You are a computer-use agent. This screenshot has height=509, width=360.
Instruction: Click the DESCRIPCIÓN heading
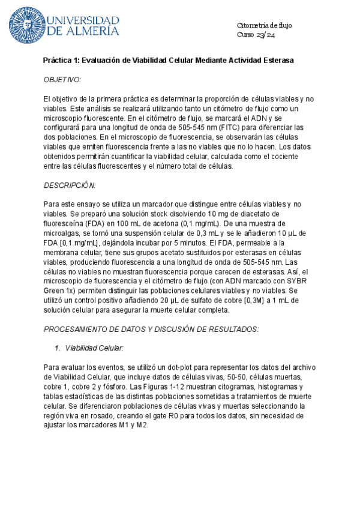[x=70, y=185]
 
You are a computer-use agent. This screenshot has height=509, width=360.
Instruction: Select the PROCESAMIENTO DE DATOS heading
[x=151, y=330]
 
